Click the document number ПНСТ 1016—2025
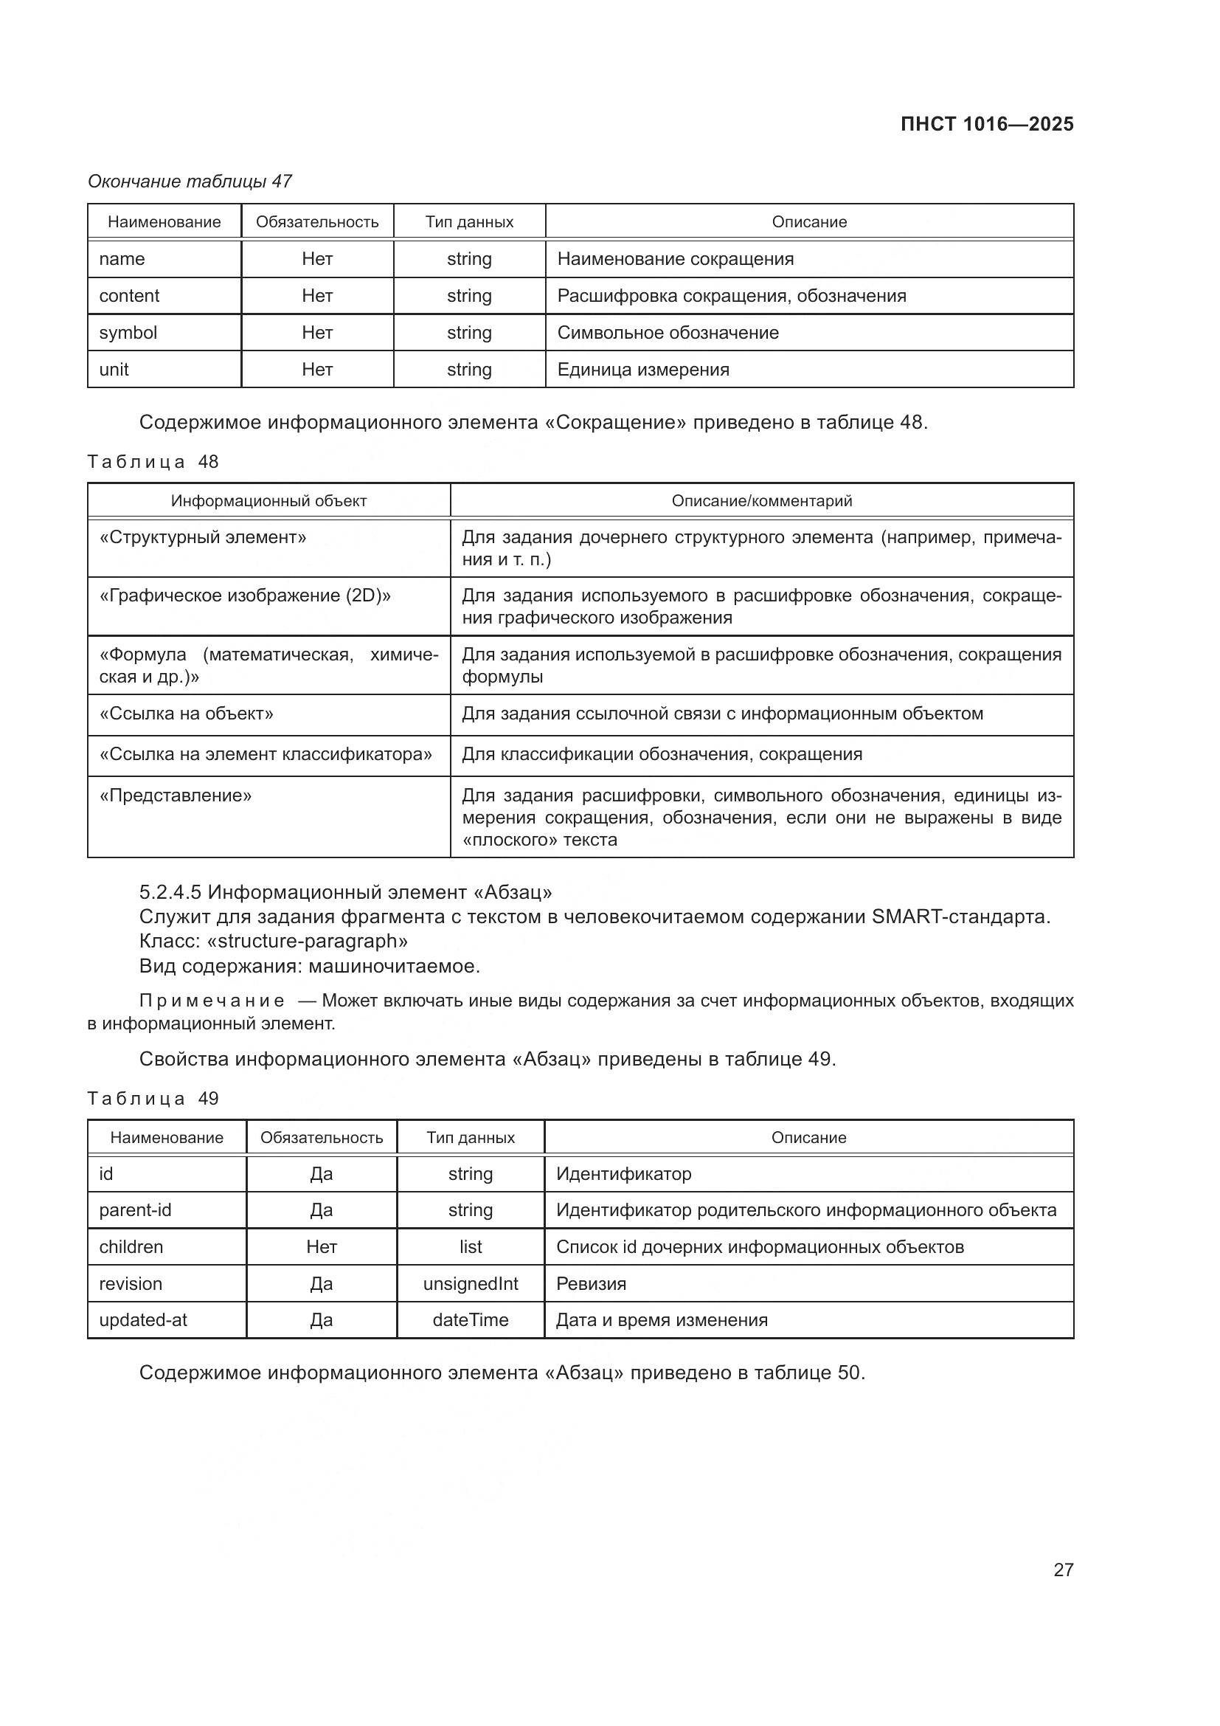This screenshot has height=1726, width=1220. coord(986,124)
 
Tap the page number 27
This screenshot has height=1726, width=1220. coord(1063,1570)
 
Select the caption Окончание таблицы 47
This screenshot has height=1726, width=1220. coord(190,182)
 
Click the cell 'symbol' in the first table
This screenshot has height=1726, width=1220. coord(128,332)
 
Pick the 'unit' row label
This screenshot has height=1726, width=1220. coord(114,369)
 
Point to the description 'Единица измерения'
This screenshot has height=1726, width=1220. coord(643,369)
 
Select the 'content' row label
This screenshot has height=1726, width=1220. coord(129,295)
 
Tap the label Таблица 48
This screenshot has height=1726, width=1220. coord(153,461)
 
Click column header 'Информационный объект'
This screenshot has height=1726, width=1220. coord(269,500)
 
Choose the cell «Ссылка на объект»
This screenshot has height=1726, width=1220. coord(187,714)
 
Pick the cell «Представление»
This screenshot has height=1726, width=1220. coord(176,795)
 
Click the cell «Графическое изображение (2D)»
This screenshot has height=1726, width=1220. coord(245,596)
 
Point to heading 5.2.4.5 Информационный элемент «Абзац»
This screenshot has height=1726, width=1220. coord(345,892)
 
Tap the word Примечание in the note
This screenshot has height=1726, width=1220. coord(212,1001)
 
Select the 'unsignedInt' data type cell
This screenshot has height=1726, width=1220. coord(471,1283)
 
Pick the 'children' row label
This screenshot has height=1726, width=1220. coord(131,1246)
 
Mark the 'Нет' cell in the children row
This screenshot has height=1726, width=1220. coord(322,1246)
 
